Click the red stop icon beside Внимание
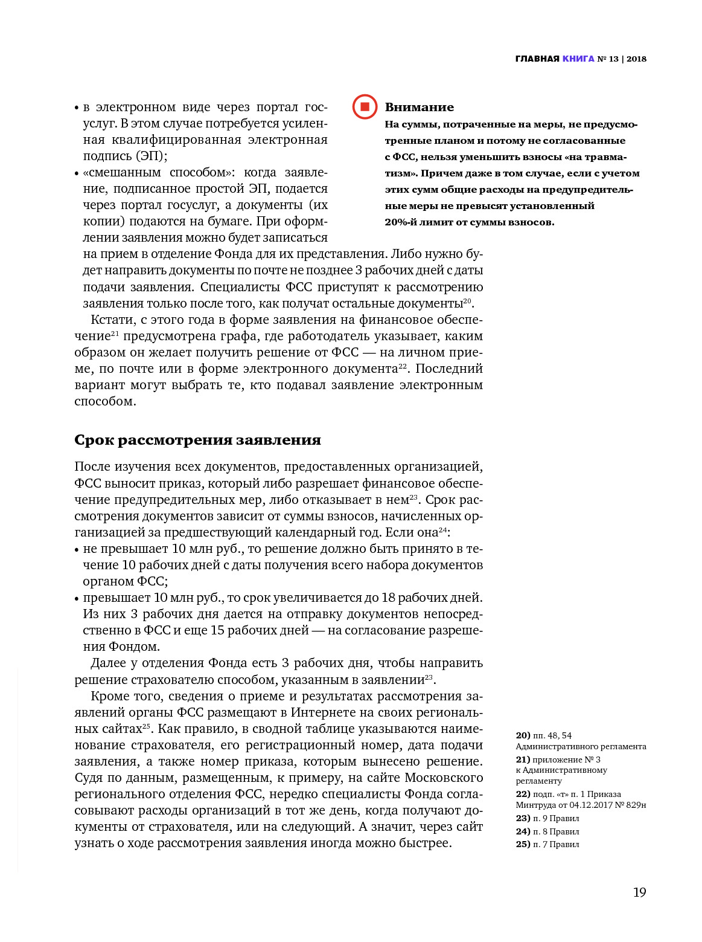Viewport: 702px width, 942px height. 365,107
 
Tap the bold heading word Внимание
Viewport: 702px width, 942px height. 419,108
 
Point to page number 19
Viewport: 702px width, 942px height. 639,892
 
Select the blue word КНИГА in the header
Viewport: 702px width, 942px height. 578,59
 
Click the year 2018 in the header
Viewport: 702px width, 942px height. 636,59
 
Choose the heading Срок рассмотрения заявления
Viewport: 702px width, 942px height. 197,440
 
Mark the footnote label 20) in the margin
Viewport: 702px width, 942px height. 523,735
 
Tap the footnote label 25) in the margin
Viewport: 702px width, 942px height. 523,844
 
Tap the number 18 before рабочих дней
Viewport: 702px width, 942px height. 388,598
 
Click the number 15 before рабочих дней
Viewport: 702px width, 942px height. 217,630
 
